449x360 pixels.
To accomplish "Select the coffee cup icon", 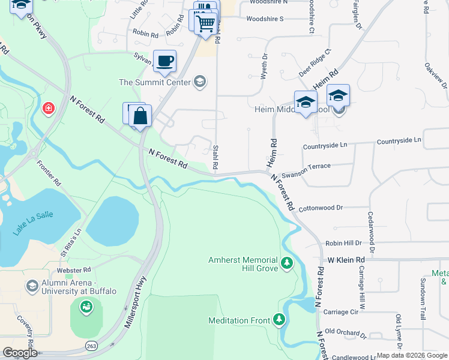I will (164, 60).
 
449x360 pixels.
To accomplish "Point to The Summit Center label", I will (154, 82).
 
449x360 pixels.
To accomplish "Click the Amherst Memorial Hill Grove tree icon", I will (288, 263).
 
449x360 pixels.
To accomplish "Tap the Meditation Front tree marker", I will (279, 319).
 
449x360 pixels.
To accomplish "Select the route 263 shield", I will (91, 346).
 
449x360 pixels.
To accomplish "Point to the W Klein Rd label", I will (346, 260).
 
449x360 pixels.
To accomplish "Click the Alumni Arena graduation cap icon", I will (31, 286).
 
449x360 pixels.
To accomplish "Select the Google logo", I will (20, 353).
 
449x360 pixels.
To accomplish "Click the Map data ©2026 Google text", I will (411, 355).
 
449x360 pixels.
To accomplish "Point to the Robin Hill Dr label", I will (343, 243).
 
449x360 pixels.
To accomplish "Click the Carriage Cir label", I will (341, 312).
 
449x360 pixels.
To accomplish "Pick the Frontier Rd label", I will (49, 172).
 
